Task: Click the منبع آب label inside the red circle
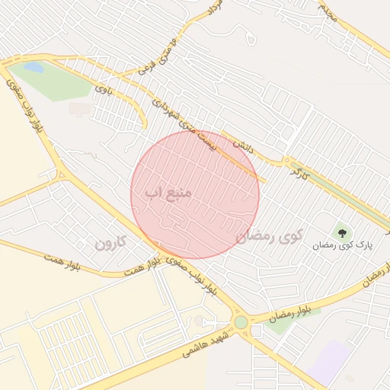pos(168,194)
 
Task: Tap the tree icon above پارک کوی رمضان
pos(340,232)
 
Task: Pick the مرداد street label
pos(216,10)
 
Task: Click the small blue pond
pos(34,67)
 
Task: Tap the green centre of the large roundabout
pos(241,322)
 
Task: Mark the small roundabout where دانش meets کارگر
pos(288,161)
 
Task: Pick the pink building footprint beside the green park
pos(78,109)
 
